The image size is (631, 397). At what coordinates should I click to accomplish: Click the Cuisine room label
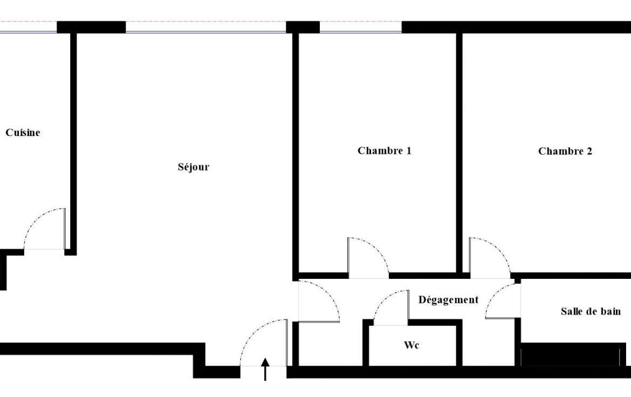coord(23,133)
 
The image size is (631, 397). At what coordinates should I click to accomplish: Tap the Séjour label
coord(194,167)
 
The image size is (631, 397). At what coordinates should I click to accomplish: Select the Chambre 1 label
coord(385,150)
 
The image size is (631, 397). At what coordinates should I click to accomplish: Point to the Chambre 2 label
coord(565,151)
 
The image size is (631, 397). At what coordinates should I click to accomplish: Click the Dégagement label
coord(448,299)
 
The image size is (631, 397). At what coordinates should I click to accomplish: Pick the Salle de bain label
coord(591,311)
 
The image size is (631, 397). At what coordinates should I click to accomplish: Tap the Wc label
coord(411,345)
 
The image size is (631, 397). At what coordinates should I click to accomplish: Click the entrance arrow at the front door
coord(265,369)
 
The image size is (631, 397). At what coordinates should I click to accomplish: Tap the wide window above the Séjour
coord(205,27)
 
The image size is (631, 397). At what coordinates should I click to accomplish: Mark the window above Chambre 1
coord(361,27)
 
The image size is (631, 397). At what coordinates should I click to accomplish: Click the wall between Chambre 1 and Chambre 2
coord(459,153)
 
